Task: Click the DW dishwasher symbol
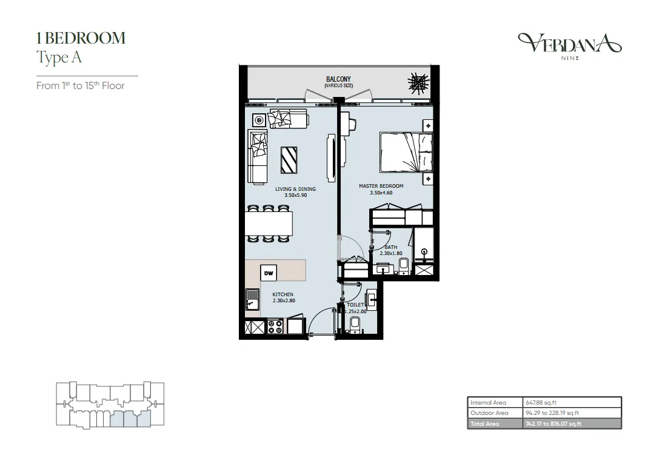269,273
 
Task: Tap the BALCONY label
338,79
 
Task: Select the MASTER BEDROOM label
381,186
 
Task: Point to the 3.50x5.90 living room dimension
295,195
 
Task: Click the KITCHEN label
283,294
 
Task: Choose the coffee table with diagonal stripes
289,160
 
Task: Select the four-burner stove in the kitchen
275,327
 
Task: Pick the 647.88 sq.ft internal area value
541,402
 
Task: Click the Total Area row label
484,423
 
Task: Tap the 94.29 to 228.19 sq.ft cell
552,413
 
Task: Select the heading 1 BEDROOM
81,38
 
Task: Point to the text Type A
59,58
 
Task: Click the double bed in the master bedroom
406,152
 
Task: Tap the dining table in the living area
269,224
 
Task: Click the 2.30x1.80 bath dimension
391,254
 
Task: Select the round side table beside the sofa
259,121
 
